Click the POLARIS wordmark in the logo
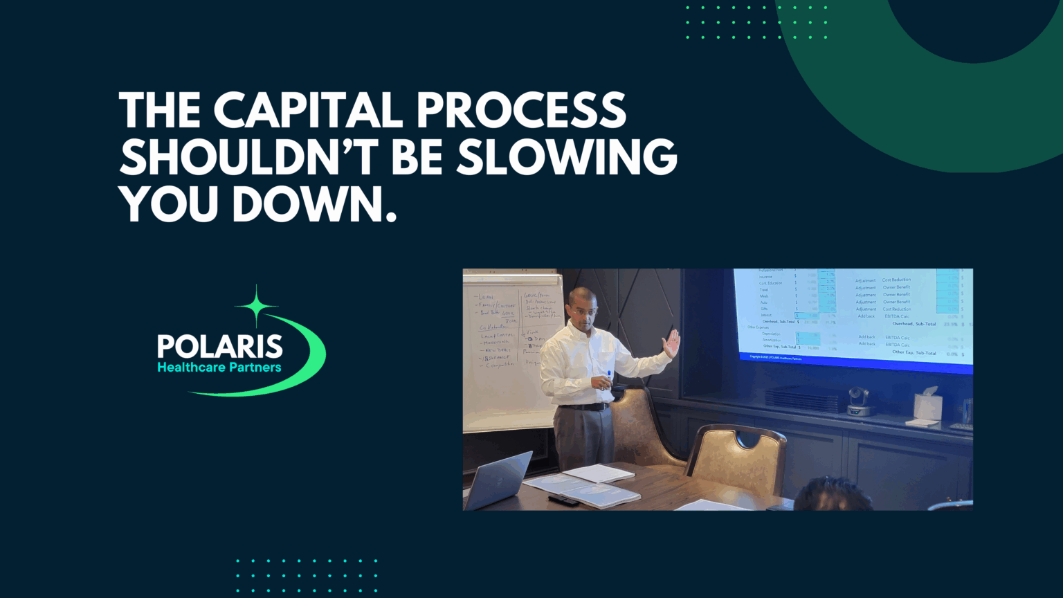(219, 346)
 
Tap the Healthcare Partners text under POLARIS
(219, 368)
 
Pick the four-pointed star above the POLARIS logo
(256, 305)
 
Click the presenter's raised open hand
(671, 343)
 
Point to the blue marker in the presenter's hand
(609, 377)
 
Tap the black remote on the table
(563, 500)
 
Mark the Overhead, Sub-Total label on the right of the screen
(914, 324)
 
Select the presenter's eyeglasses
(585, 312)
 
